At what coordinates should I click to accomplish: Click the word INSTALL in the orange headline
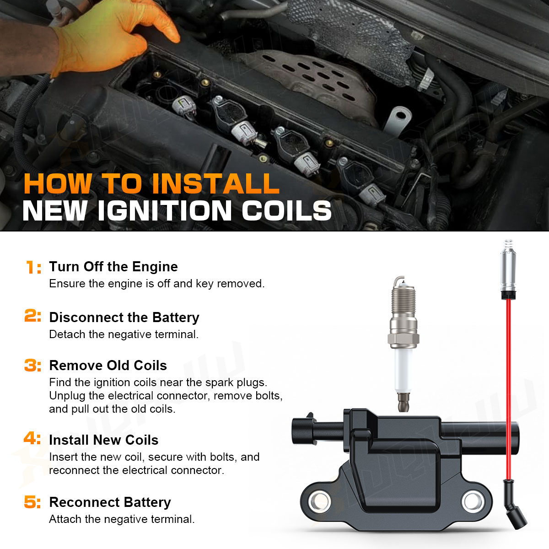click(x=215, y=183)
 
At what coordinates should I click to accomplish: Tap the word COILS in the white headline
click(x=286, y=210)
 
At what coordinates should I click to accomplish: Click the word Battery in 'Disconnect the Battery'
click(x=176, y=318)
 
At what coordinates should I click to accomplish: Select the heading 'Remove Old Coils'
click(x=108, y=365)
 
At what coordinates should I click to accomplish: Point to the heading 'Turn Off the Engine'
click(x=113, y=267)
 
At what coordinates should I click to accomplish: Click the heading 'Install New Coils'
click(x=104, y=440)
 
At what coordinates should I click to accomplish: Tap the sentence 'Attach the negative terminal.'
click(x=122, y=519)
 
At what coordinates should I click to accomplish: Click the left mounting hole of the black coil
click(x=319, y=501)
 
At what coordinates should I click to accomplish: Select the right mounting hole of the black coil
click(x=473, y=501)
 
